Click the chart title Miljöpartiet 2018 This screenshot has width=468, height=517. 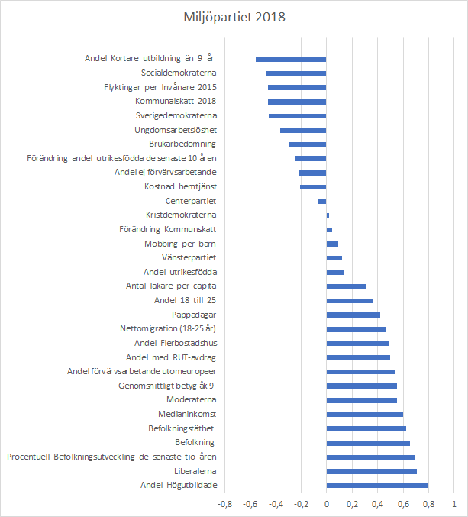pos(234,16)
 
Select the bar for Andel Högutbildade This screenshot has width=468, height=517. pos(376,486)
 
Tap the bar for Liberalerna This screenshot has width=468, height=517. pos(371,471)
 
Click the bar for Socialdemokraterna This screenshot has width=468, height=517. pos(295,73)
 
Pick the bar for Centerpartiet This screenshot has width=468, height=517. pos(322,201)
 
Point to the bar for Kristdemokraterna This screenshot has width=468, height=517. pos(328,215)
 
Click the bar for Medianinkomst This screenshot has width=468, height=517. pos(364,414)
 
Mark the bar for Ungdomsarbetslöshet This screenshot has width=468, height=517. pos(303,130)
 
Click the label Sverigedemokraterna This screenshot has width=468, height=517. pos(176,115)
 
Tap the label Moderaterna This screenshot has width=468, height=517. pos(192,399)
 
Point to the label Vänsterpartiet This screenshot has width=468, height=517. pos(187,257)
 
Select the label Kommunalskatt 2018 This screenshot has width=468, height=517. pos(176,101)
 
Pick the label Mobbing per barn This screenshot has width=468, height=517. pos(180,244)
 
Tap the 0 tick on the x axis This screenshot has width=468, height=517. pos(326,504)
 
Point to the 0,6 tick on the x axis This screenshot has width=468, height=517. pos(402,504)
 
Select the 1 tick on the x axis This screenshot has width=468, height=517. pos(453,504)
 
